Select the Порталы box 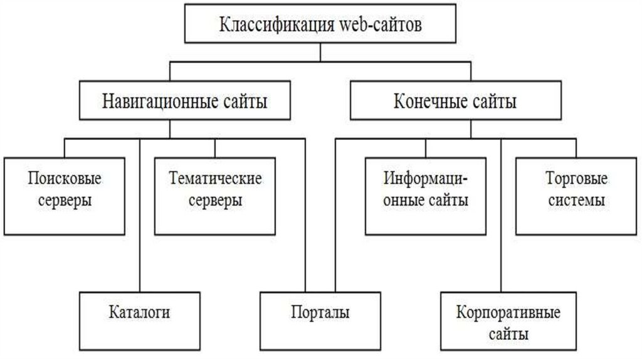[320, 312]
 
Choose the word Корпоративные [508, 312]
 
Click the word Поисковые [65, 179]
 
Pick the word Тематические [215, 179]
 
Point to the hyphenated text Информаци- [426, 179]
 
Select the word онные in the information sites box [404, 201]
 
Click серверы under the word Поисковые [65, 201]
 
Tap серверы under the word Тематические [215, 201]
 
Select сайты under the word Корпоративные [508, 334]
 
